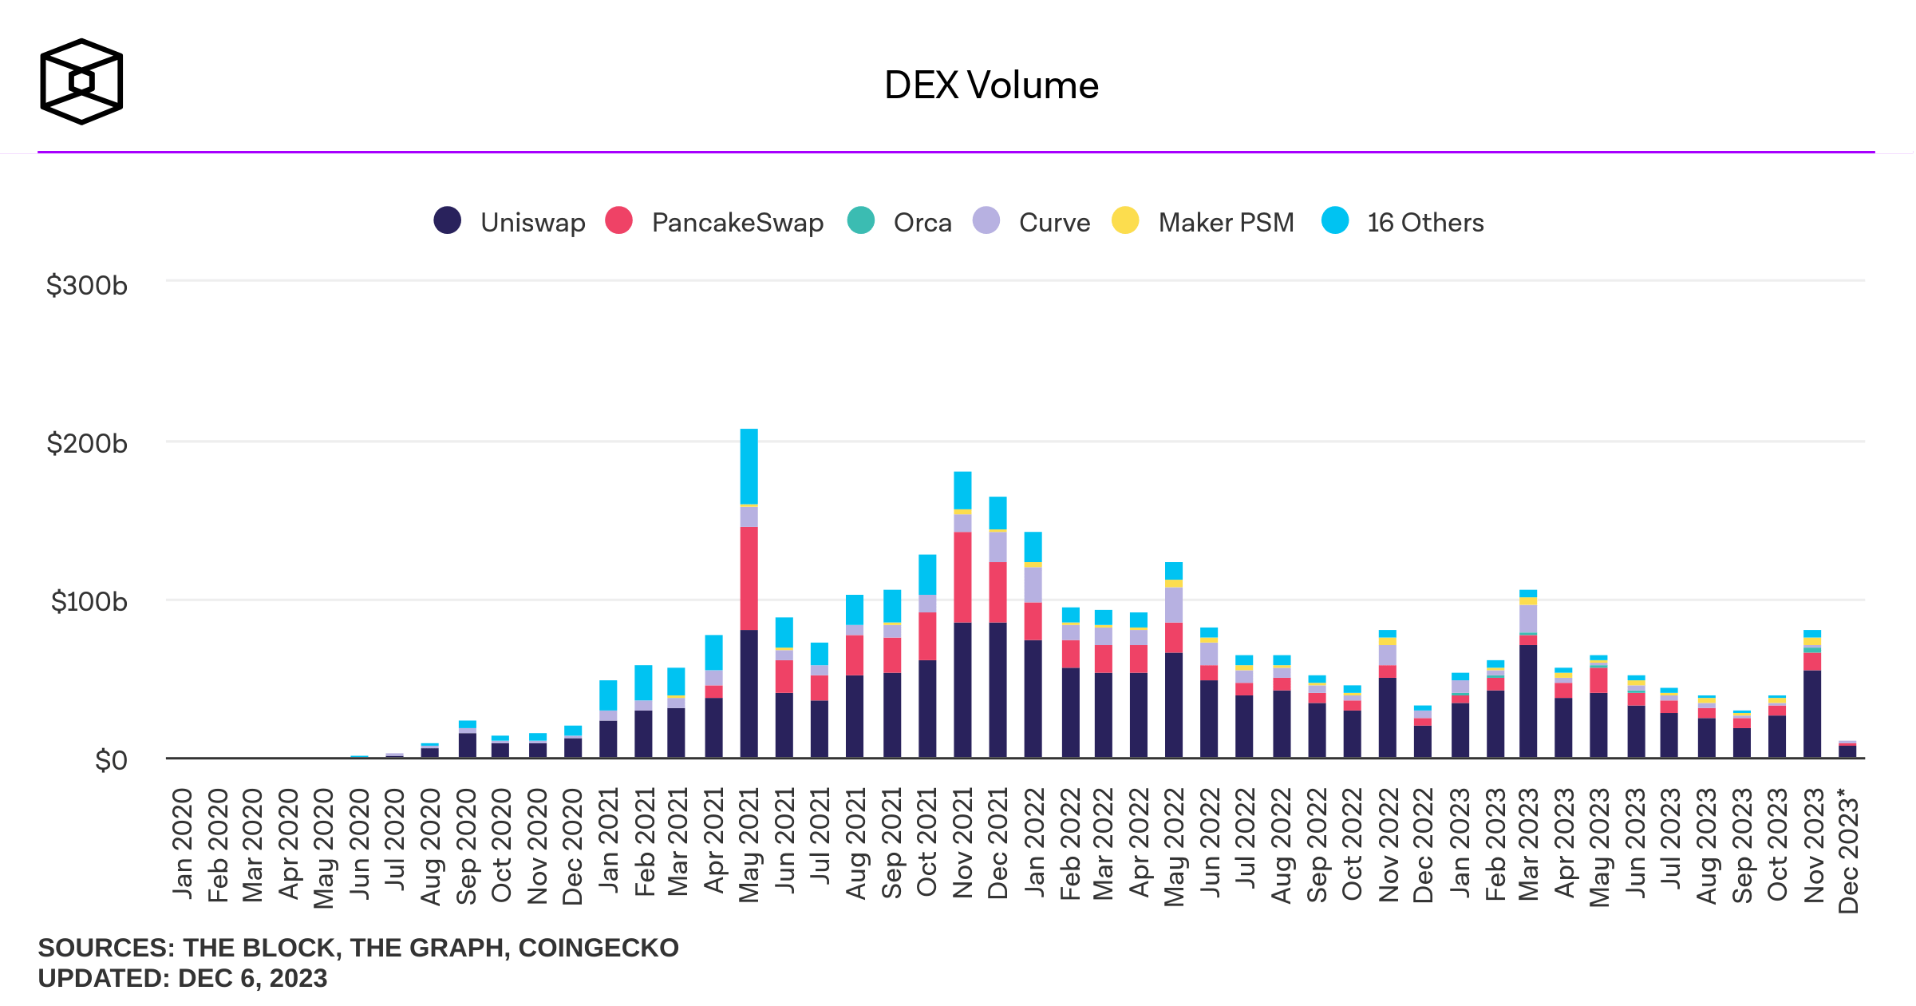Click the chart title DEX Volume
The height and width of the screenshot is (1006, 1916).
click(x=991, y=85)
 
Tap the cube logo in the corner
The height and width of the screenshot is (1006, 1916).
click(x=81, y=81)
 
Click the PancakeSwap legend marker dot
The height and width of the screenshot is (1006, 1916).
click(x=619, y=220)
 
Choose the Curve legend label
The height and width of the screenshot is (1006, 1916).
click(x=1054, y=222)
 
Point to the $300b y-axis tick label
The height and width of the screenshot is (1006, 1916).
click(x=87, y=285)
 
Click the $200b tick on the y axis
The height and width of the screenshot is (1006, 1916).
click(x=87, y=443)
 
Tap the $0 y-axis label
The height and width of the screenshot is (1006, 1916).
click(x=111, y=760)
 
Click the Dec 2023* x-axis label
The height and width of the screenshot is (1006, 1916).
click(x=1848, y=850)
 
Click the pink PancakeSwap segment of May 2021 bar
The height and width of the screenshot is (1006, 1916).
click(x=749, y=578)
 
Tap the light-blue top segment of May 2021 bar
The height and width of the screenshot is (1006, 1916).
click(x=749, y=466)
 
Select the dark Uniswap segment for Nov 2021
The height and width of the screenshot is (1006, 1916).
click(x=962, y=690)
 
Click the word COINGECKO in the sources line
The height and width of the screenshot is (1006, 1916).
click(x=599, y=948)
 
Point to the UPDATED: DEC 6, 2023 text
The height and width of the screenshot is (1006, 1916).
click(x=183, y=978)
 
